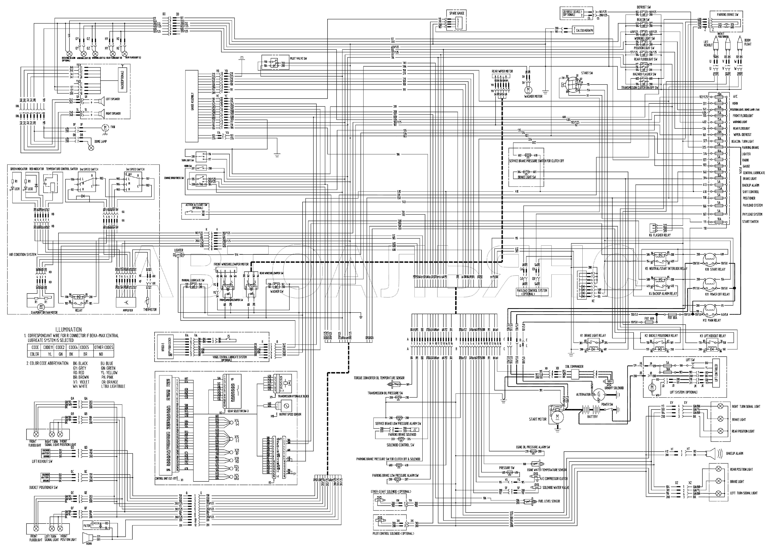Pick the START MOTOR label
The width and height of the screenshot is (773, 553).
point(538,419)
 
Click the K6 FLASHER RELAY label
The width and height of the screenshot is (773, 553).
point(660,235)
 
